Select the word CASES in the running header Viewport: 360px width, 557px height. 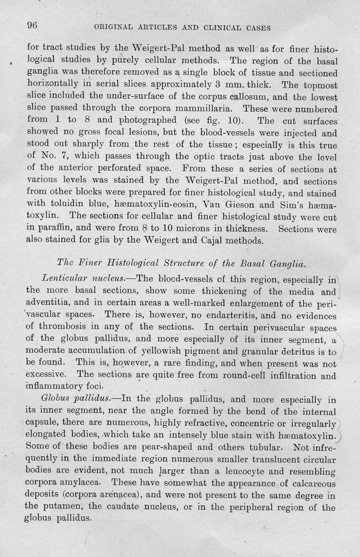[254, 28]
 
